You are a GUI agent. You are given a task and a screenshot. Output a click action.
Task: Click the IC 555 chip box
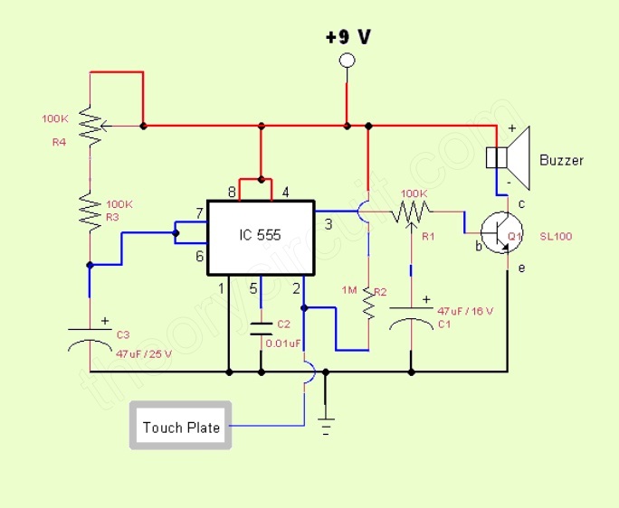[261, 238]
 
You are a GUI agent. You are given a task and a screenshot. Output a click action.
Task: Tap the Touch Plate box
[181, 426]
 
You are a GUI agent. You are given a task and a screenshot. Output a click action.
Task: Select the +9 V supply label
[348, 37]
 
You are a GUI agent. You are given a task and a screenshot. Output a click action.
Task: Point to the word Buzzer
[561, 161]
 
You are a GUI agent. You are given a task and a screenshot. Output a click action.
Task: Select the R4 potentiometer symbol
[90, 126]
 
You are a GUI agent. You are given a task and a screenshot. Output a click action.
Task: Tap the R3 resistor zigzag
[90, 209]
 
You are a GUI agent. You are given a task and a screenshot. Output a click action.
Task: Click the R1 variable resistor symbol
[413, 212]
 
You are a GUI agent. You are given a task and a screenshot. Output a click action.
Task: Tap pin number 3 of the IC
[329, 223]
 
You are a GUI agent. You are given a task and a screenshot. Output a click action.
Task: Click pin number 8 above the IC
[231, 192]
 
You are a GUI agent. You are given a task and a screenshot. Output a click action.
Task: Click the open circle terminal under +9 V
[346, 61]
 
